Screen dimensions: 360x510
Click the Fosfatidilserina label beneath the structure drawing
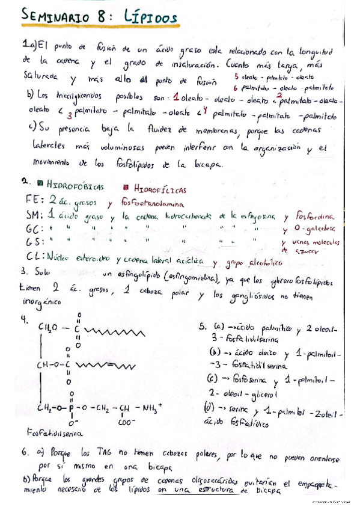tap(55, 431)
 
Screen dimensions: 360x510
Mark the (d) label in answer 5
tap(207, 409)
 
